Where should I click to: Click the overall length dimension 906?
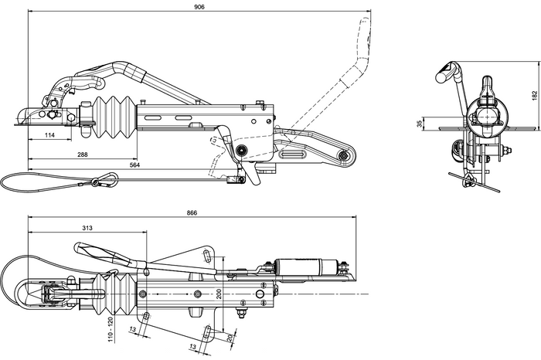point(199,7)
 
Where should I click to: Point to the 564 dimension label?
point(134,165)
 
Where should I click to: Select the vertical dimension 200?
point(219,294)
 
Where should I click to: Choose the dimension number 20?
point(230,338)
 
